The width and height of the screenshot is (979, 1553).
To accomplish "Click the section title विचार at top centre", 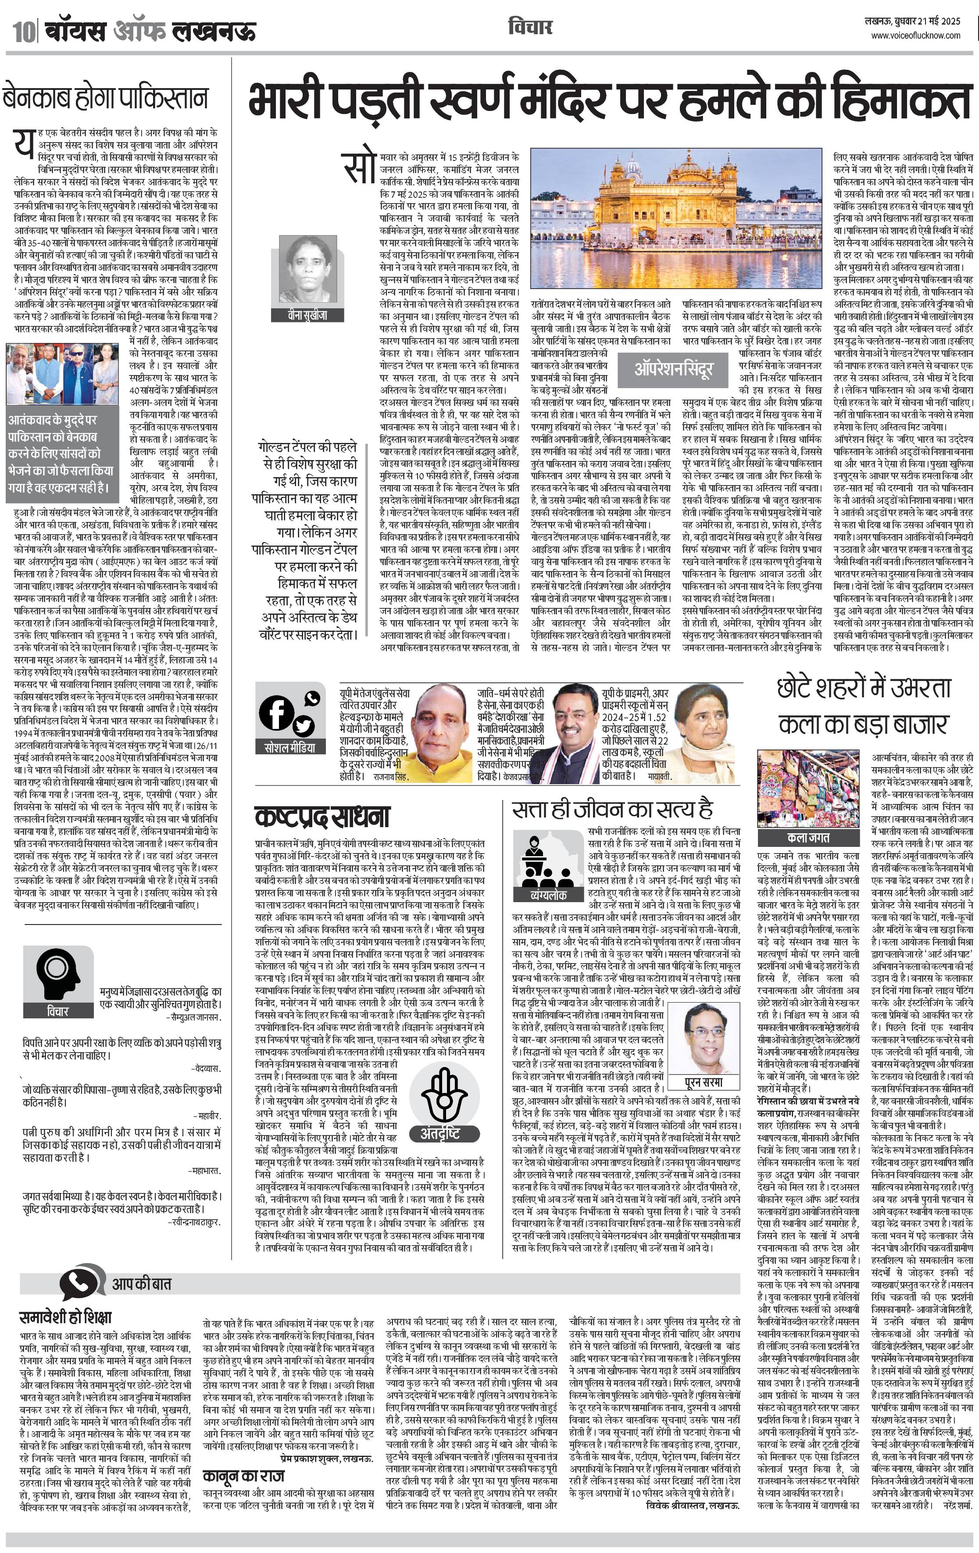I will click(530, 27).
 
